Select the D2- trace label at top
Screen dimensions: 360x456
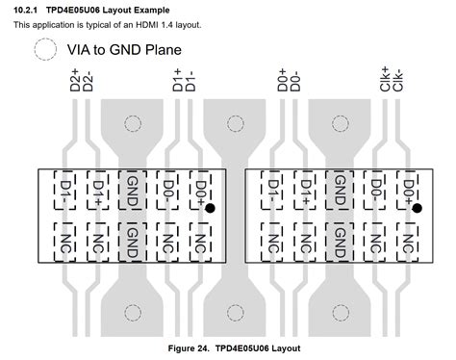coord(89,82)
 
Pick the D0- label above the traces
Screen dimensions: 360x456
coord(294,81)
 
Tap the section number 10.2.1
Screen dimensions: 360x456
coord(30,10)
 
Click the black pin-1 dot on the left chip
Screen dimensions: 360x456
coord(209,207)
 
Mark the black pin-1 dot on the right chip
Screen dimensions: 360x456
coord(417,207)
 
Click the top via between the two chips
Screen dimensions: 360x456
coord(237,124)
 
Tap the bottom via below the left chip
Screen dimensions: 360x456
coord(133,311)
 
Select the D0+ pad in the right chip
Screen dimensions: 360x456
coord(408,188)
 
